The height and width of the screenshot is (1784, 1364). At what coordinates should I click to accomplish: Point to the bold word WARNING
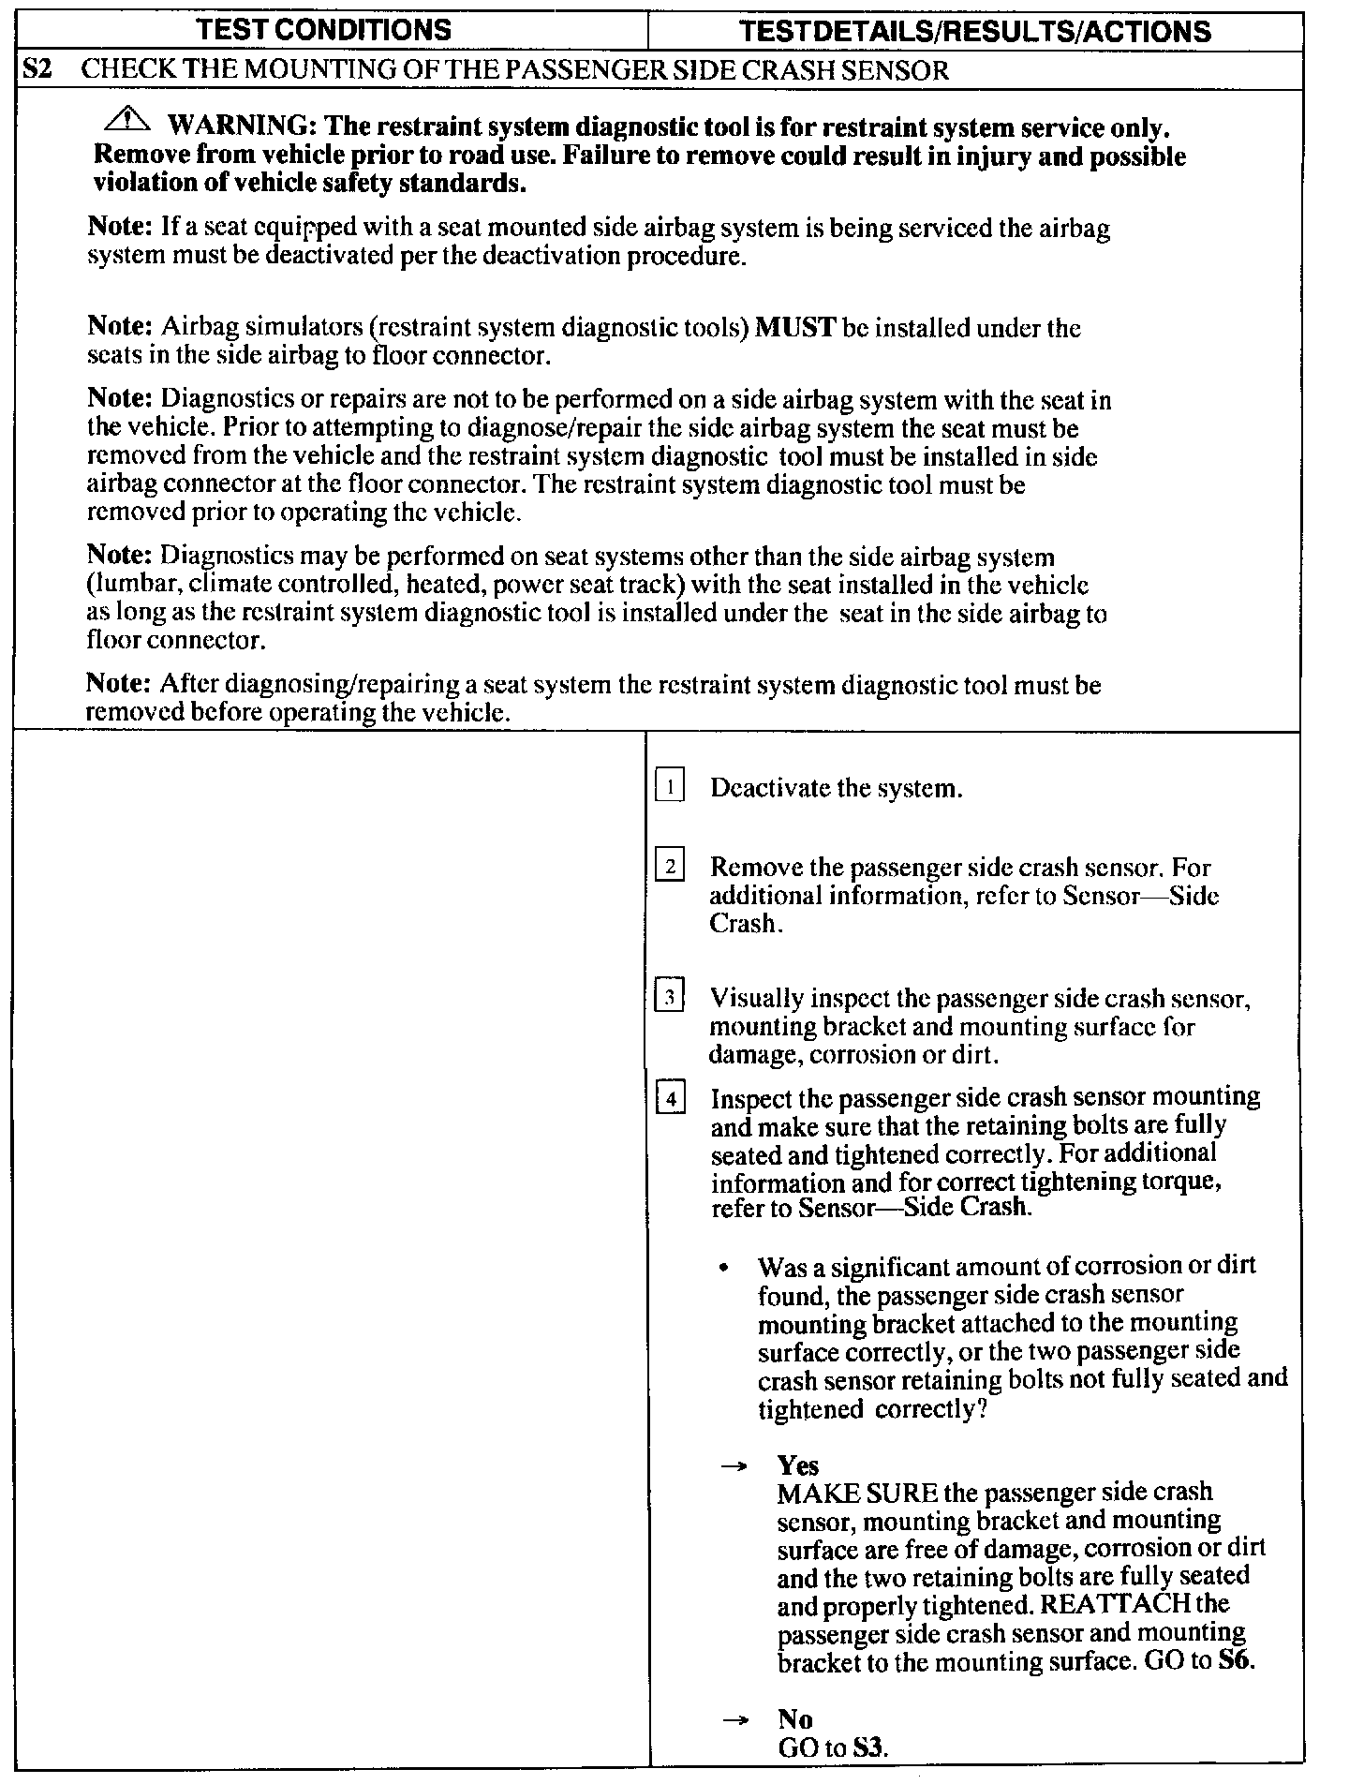point(234,126)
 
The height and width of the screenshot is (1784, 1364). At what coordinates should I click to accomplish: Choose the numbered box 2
point(670,866)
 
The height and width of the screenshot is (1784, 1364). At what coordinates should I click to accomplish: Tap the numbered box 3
point(670,997)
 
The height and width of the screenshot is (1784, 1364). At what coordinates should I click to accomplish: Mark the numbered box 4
point(670,1096)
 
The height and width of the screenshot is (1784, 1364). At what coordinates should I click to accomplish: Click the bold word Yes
point(798,1465)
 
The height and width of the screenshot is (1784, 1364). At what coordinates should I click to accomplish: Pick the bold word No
point(795,1719)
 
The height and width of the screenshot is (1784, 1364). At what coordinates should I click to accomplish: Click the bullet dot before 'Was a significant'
point(724,1269)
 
